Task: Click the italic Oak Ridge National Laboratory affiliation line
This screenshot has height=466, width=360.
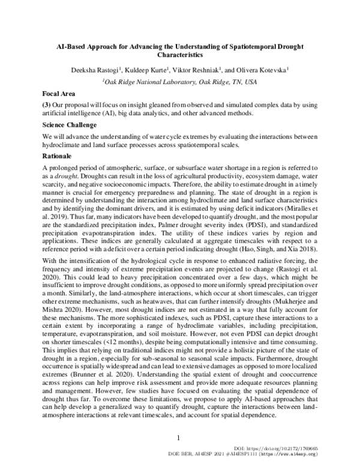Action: click(x=179, y=81)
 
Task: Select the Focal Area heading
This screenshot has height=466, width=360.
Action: click(x=59, y=94)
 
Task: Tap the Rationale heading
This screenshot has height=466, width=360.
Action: click(x=58, y=155)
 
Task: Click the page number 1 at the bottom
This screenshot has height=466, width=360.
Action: click(x=180, y=438)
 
